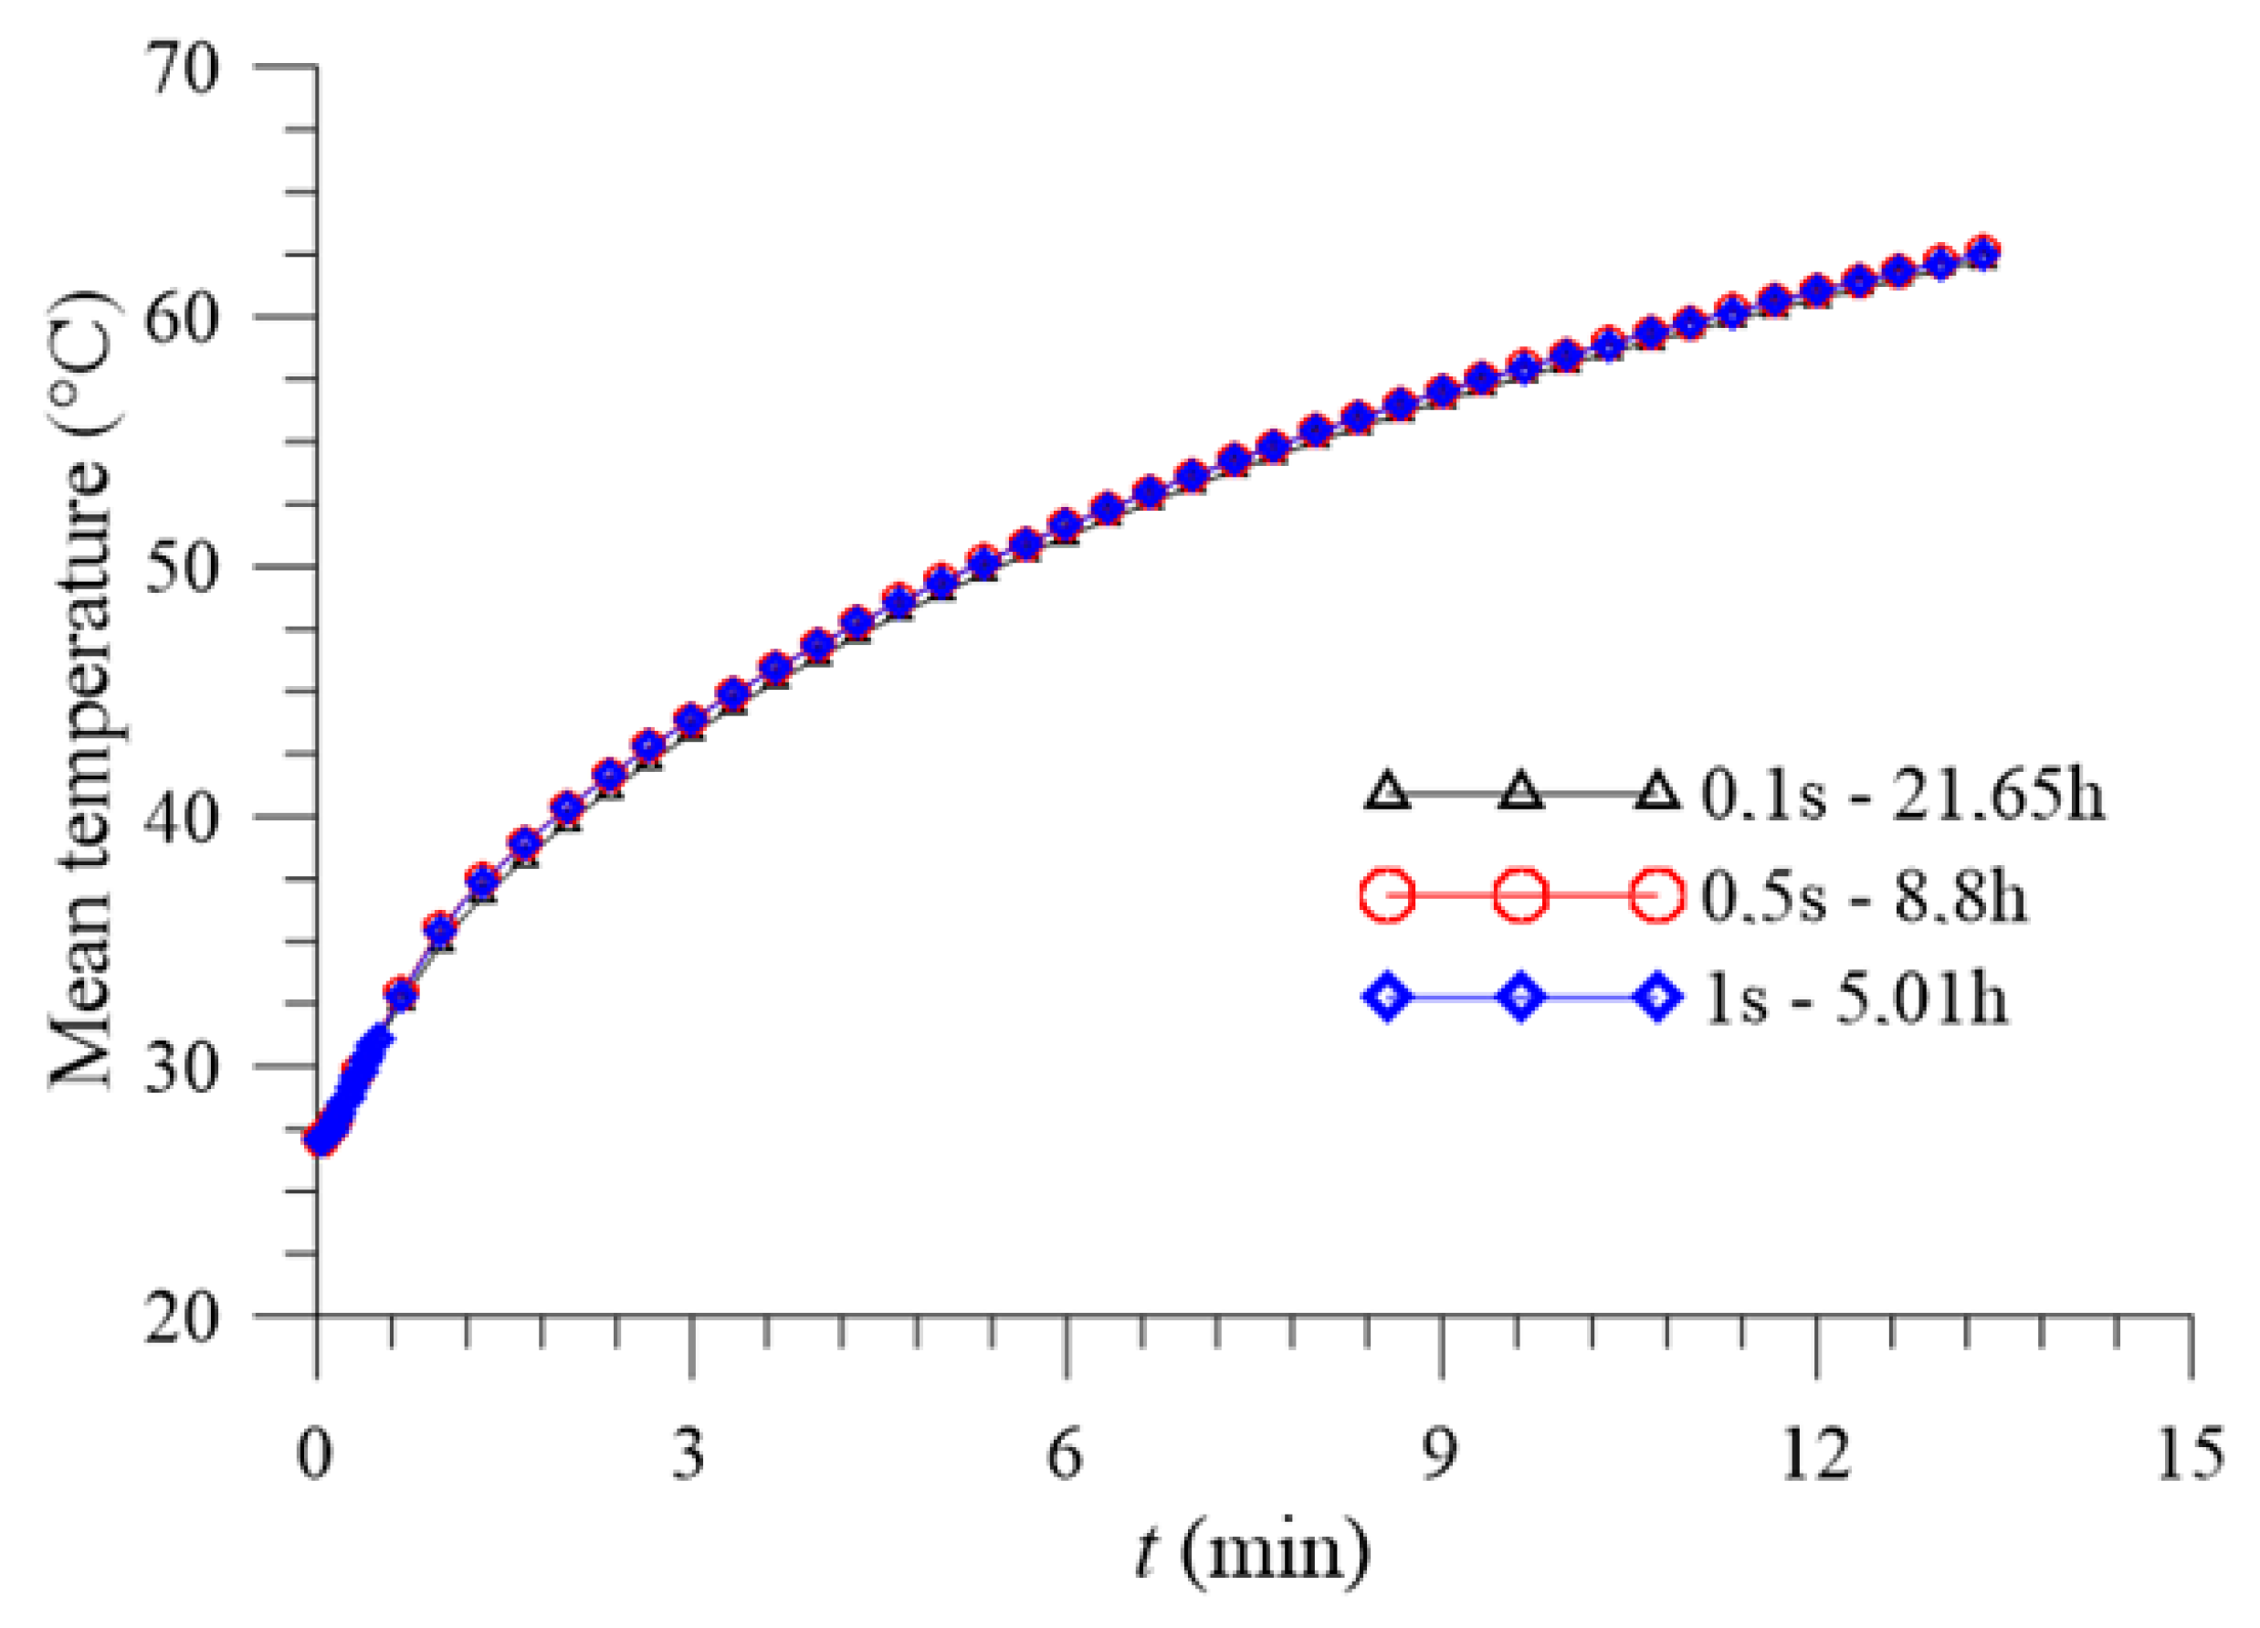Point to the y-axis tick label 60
tap(183, 321)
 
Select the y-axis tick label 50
tap(183, 570)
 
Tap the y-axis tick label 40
tap(183, 819)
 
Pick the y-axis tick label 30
tap(183, 1069)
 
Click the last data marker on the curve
tap(1983, 252)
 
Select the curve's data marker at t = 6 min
tap(1067, 524)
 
